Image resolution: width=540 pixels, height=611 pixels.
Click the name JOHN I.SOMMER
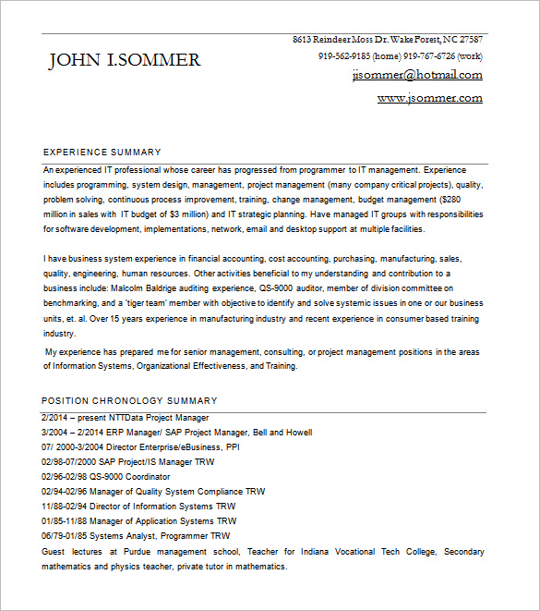pyautogui.click(x=124, y=61)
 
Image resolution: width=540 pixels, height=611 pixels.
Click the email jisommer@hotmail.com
pyautogui.click(x=417, y=75)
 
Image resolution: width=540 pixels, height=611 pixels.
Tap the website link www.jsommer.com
pyautogui.click(x=429, y=97)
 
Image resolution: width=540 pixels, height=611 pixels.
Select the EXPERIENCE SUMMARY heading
pyautogui.click(x=102, y=152)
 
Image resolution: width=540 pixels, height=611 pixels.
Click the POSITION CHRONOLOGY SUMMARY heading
pyautogui.click(x=130, y=400)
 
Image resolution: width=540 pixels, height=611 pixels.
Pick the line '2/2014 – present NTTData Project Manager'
pyautogui.click(x=126, y=418)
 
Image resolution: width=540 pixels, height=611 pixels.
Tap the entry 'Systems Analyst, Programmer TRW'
pyautogui.click(x=156, y=536)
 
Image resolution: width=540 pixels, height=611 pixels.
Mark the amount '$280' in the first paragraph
pyautogui.click(x=450, y=200)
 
